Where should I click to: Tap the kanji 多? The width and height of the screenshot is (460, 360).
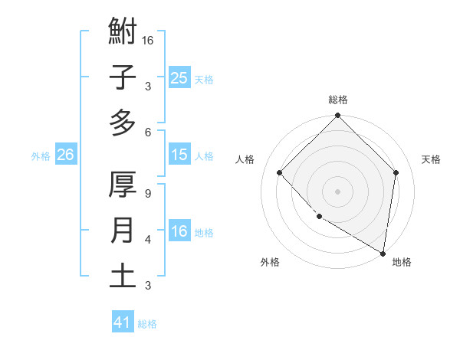click(x=123, y=123)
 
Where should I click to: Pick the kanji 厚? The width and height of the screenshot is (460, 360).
click(x=123, y=185)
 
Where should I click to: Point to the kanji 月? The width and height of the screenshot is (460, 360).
click(x=123, y=231)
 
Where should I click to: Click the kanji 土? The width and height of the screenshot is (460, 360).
click(x=123, y=276)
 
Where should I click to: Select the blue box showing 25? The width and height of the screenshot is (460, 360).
click(x=179, y=77)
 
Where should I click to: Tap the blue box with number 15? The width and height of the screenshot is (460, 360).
click(x=179, y=155)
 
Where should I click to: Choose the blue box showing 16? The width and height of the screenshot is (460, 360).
click(x=179, y=231)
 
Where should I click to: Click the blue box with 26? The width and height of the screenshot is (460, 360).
click(x=65, y=155)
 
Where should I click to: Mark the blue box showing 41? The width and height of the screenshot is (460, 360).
click(x=123, y=322)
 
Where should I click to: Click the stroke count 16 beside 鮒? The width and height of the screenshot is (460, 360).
click(x=149, y=39)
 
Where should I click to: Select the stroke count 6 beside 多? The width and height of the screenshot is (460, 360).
click(x=147, y=132)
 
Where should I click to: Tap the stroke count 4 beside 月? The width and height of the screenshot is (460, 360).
click(x=147, y=240)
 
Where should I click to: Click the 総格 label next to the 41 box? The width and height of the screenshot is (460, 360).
click(x=147, y=324)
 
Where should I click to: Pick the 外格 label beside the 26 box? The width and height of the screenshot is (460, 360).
click(x=41, y=156)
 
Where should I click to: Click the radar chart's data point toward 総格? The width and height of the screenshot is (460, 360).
click(x=337, y=117)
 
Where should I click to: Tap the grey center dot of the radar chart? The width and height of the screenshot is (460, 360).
click(x=337, y=191)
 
